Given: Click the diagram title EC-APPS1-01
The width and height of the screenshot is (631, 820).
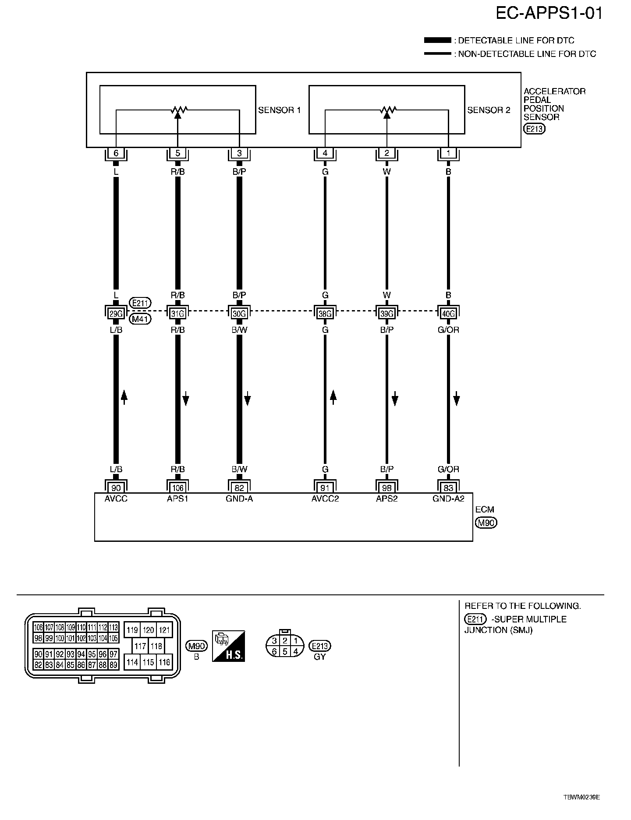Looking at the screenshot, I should (x=549, y=14).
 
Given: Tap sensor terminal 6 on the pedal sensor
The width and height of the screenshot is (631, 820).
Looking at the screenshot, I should (x=116, y=153).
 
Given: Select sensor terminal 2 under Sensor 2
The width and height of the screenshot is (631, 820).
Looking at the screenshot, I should (x=386, y=153).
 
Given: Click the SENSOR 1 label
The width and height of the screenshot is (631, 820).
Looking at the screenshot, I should (x=279, y=110).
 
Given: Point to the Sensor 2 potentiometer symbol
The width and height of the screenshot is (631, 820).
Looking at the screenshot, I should (x=386, y=110).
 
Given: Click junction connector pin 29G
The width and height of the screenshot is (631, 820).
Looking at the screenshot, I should (x=116, y=314).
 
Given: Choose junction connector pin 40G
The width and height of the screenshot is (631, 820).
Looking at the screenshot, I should (x=448, y=314).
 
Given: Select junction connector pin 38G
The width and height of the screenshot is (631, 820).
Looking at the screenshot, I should (x=325, y=314).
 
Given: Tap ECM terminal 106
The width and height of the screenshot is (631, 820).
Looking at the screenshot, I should (x=177, y=488).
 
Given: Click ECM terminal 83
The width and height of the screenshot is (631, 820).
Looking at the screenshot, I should (x=448, y=488).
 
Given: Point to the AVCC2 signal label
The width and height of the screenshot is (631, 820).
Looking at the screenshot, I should (x=325, y=498).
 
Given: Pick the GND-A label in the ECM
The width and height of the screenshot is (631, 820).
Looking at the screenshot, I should (x=239, y=498).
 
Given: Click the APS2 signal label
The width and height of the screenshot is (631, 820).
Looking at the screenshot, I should (x=386, y=498).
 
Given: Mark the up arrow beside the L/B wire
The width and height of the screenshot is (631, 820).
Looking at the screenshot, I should (x=124, y=397).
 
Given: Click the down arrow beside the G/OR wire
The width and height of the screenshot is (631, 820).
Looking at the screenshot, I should (x=457, y=399).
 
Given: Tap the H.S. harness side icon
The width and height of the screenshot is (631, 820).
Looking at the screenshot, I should (x=228, y=646).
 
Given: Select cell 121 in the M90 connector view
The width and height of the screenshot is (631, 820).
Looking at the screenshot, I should (x=164, y=630).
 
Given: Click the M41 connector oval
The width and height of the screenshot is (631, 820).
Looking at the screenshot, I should (x=140, y=319).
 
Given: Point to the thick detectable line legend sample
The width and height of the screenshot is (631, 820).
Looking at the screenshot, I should (x=437, y=40).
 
